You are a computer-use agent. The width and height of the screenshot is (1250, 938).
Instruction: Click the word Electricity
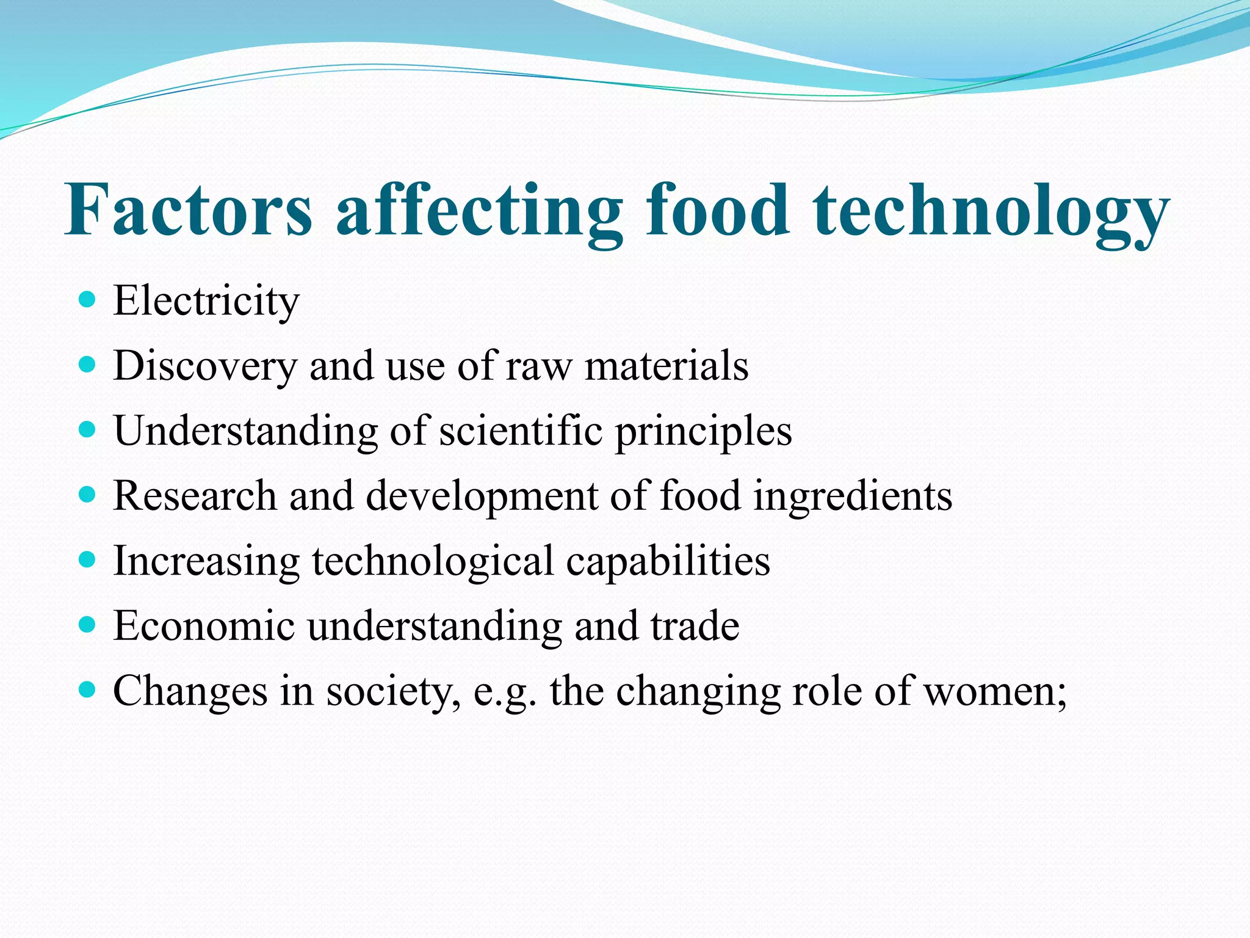[206, 302]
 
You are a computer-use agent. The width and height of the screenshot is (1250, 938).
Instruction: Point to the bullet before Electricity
[88, 299]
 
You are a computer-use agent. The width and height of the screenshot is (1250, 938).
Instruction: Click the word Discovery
[204, 366]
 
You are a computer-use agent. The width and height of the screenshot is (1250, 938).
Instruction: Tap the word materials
[667, 366]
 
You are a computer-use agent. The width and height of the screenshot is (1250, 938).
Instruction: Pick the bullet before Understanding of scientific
[88, 429]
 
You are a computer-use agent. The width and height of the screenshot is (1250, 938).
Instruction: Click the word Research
[195, 496]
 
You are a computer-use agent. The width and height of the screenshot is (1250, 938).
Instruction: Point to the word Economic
[204, 627]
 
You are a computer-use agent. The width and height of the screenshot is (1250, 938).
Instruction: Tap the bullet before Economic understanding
[88, 625]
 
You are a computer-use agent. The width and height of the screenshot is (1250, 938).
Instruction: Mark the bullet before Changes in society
[88, 690]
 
